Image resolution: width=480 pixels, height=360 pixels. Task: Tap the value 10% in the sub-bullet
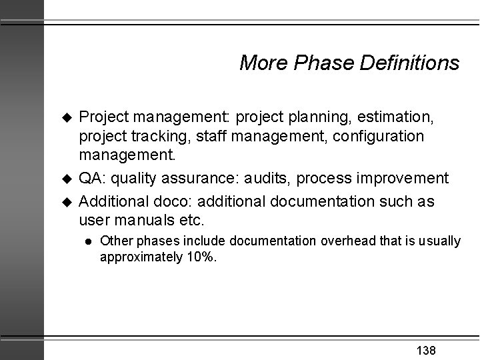point(201,257)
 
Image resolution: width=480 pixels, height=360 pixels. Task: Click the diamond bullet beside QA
point(66,179)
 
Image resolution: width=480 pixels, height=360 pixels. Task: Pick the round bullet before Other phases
point(87,241)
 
